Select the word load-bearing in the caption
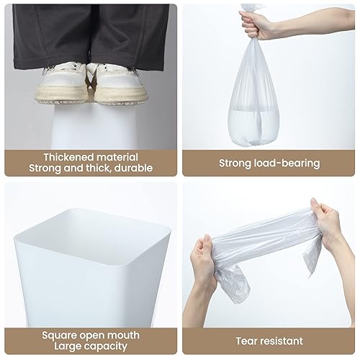pos(287,163)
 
